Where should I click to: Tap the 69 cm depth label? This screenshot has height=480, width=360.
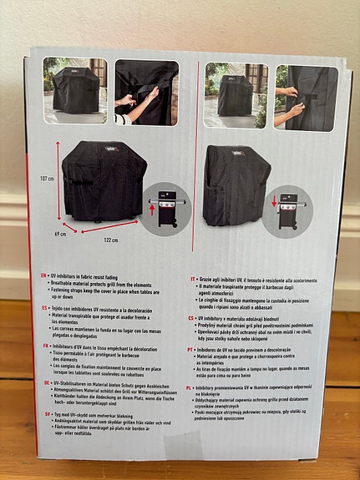tap(60, 234)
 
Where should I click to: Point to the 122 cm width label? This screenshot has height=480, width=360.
tap(110, 240)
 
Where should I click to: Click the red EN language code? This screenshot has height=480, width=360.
tap(44, 273)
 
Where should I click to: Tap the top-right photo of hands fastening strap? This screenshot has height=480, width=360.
tap(305, 97)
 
